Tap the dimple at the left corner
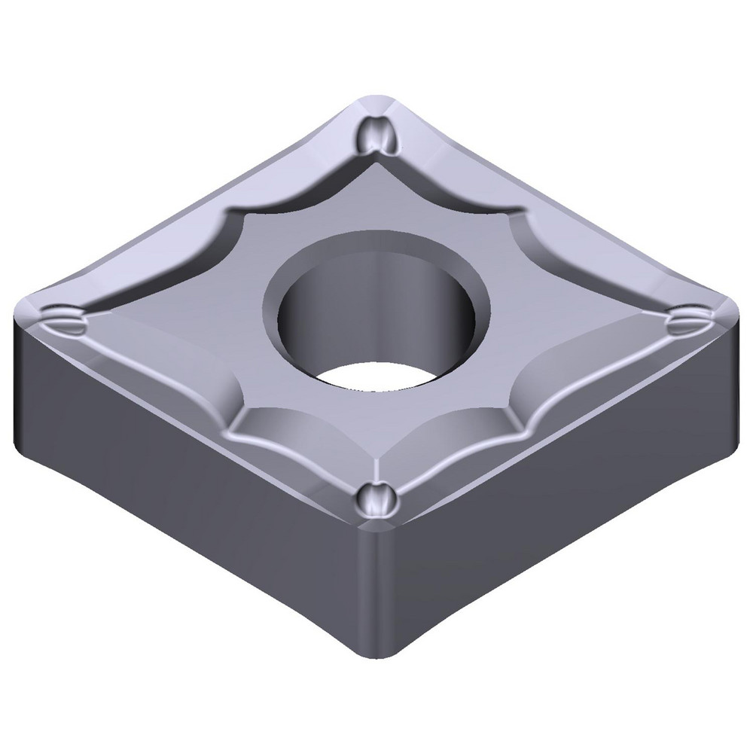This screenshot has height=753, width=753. coord(63,319)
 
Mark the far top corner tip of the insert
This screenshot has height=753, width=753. coord(374,98)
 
